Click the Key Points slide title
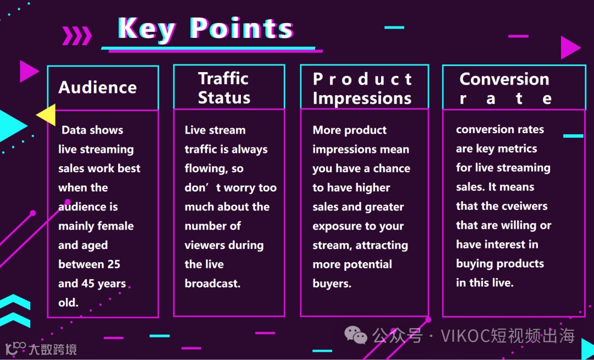[x=206, y=29]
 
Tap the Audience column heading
[x=97, y=88]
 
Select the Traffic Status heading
[x=224, y=88]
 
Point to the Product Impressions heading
[x=362, y=89]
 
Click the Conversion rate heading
[x=504, y=89]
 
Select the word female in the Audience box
[x=115, y=226]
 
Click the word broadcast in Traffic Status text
[x=212, y=283]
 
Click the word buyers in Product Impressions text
[x=332, y=283]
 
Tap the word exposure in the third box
[x=334, y=227]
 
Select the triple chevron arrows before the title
[x=77, y=35]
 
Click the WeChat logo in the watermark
[x=355, y=335]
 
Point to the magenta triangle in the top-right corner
[x=569, y=47]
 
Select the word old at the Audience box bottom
[x=68, y=302]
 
